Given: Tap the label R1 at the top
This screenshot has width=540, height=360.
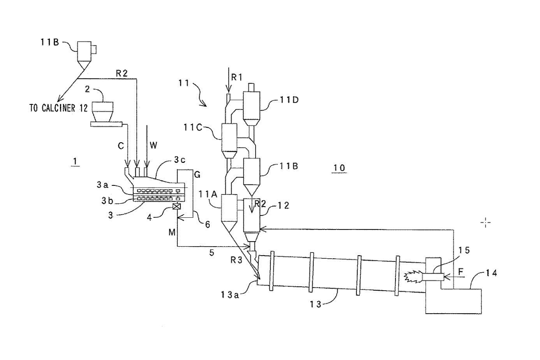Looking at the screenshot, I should pyautogui.click(x=237, y=77).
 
